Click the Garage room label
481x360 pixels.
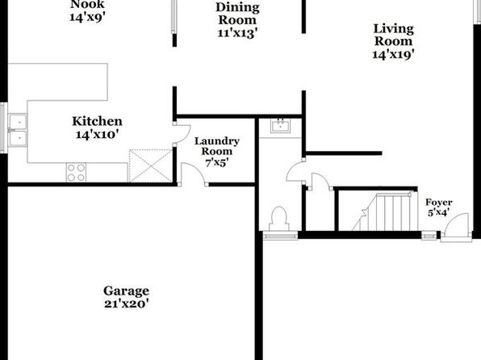[126, 291]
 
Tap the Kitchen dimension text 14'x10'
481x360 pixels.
[97, 135]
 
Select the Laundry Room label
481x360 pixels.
[217, 146]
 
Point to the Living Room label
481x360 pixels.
[394, 35]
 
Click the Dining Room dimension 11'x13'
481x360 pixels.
[237, 33]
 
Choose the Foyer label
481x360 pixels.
[439, 203]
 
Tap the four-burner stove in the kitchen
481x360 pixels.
[76, 172]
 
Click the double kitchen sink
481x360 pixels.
[18, 130]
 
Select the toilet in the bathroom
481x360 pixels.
[279, 219]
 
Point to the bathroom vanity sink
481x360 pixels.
[280, 126]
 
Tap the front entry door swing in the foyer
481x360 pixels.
[457, 225]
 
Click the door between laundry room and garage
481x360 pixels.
[193, 174]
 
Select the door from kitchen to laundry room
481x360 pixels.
[182, 134]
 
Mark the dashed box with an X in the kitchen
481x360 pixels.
[150, 165]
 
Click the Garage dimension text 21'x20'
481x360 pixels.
[127, 303]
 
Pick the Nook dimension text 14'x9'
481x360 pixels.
[87, 17]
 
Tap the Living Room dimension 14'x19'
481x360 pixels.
[394, 54]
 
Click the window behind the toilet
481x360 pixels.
[280, 236]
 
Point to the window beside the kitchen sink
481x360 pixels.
[4, 128]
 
